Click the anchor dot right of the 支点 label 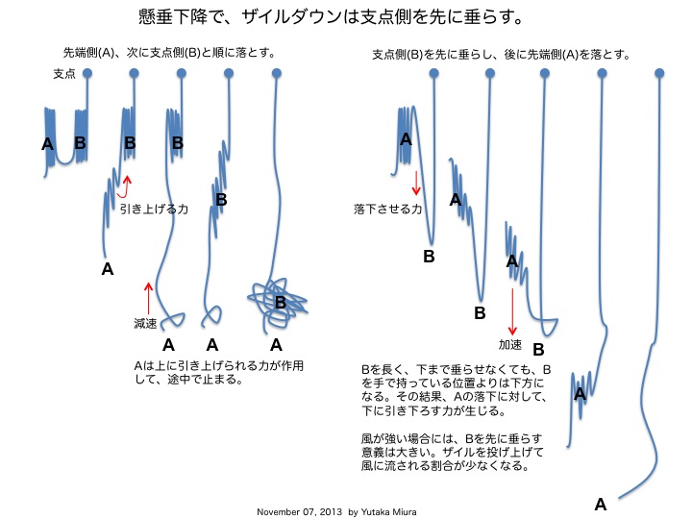coord(87,73)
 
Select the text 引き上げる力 coord(147,207)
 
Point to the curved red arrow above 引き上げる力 coord(126,184)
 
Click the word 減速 coord(145,324)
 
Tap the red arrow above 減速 coord(147,293)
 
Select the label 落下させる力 coord(388,209)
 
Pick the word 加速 coord(510,343)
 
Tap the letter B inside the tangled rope coord(281,302)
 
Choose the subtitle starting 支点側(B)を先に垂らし coord(501,55)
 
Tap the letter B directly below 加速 coord(538,350)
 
